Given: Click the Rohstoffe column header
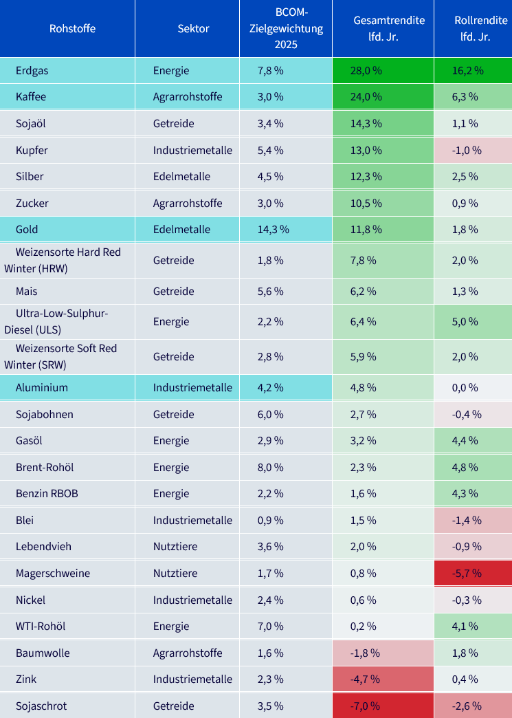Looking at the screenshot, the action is tap(72, 28).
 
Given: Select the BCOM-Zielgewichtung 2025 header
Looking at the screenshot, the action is tap(286, 28).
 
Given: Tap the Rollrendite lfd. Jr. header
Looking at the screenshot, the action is tap(475, 28).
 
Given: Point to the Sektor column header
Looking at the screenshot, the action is tap(193, 28).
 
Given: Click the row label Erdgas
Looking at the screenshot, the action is tap(32, 71).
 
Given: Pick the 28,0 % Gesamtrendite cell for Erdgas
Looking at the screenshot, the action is tap(366, 71).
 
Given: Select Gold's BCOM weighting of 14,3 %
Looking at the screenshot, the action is tap(273, 230).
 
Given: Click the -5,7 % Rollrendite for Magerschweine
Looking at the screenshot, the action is tap(465, 574).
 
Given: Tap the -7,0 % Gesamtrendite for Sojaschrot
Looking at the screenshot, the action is tap(365, 706).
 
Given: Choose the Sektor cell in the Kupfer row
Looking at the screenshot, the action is tap(192, 150).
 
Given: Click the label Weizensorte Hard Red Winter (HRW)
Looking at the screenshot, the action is tap(63, 260).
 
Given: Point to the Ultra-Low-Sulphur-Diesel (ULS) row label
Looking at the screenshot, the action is tap(56, 321).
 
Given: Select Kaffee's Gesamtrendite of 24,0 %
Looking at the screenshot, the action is tap(366, 96).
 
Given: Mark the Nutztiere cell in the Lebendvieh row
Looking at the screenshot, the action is tap(175, 546).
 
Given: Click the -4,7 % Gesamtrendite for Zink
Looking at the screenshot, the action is tap(365, 679).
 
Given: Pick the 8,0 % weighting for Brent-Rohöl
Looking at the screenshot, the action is tap(270, 468).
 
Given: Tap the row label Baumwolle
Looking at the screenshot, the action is tap(43, 653).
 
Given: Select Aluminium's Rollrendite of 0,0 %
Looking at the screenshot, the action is tap(465, 387).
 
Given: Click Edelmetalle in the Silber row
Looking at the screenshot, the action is tap(181, 176).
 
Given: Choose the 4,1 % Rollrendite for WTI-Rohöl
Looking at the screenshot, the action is tap(465, 626).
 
